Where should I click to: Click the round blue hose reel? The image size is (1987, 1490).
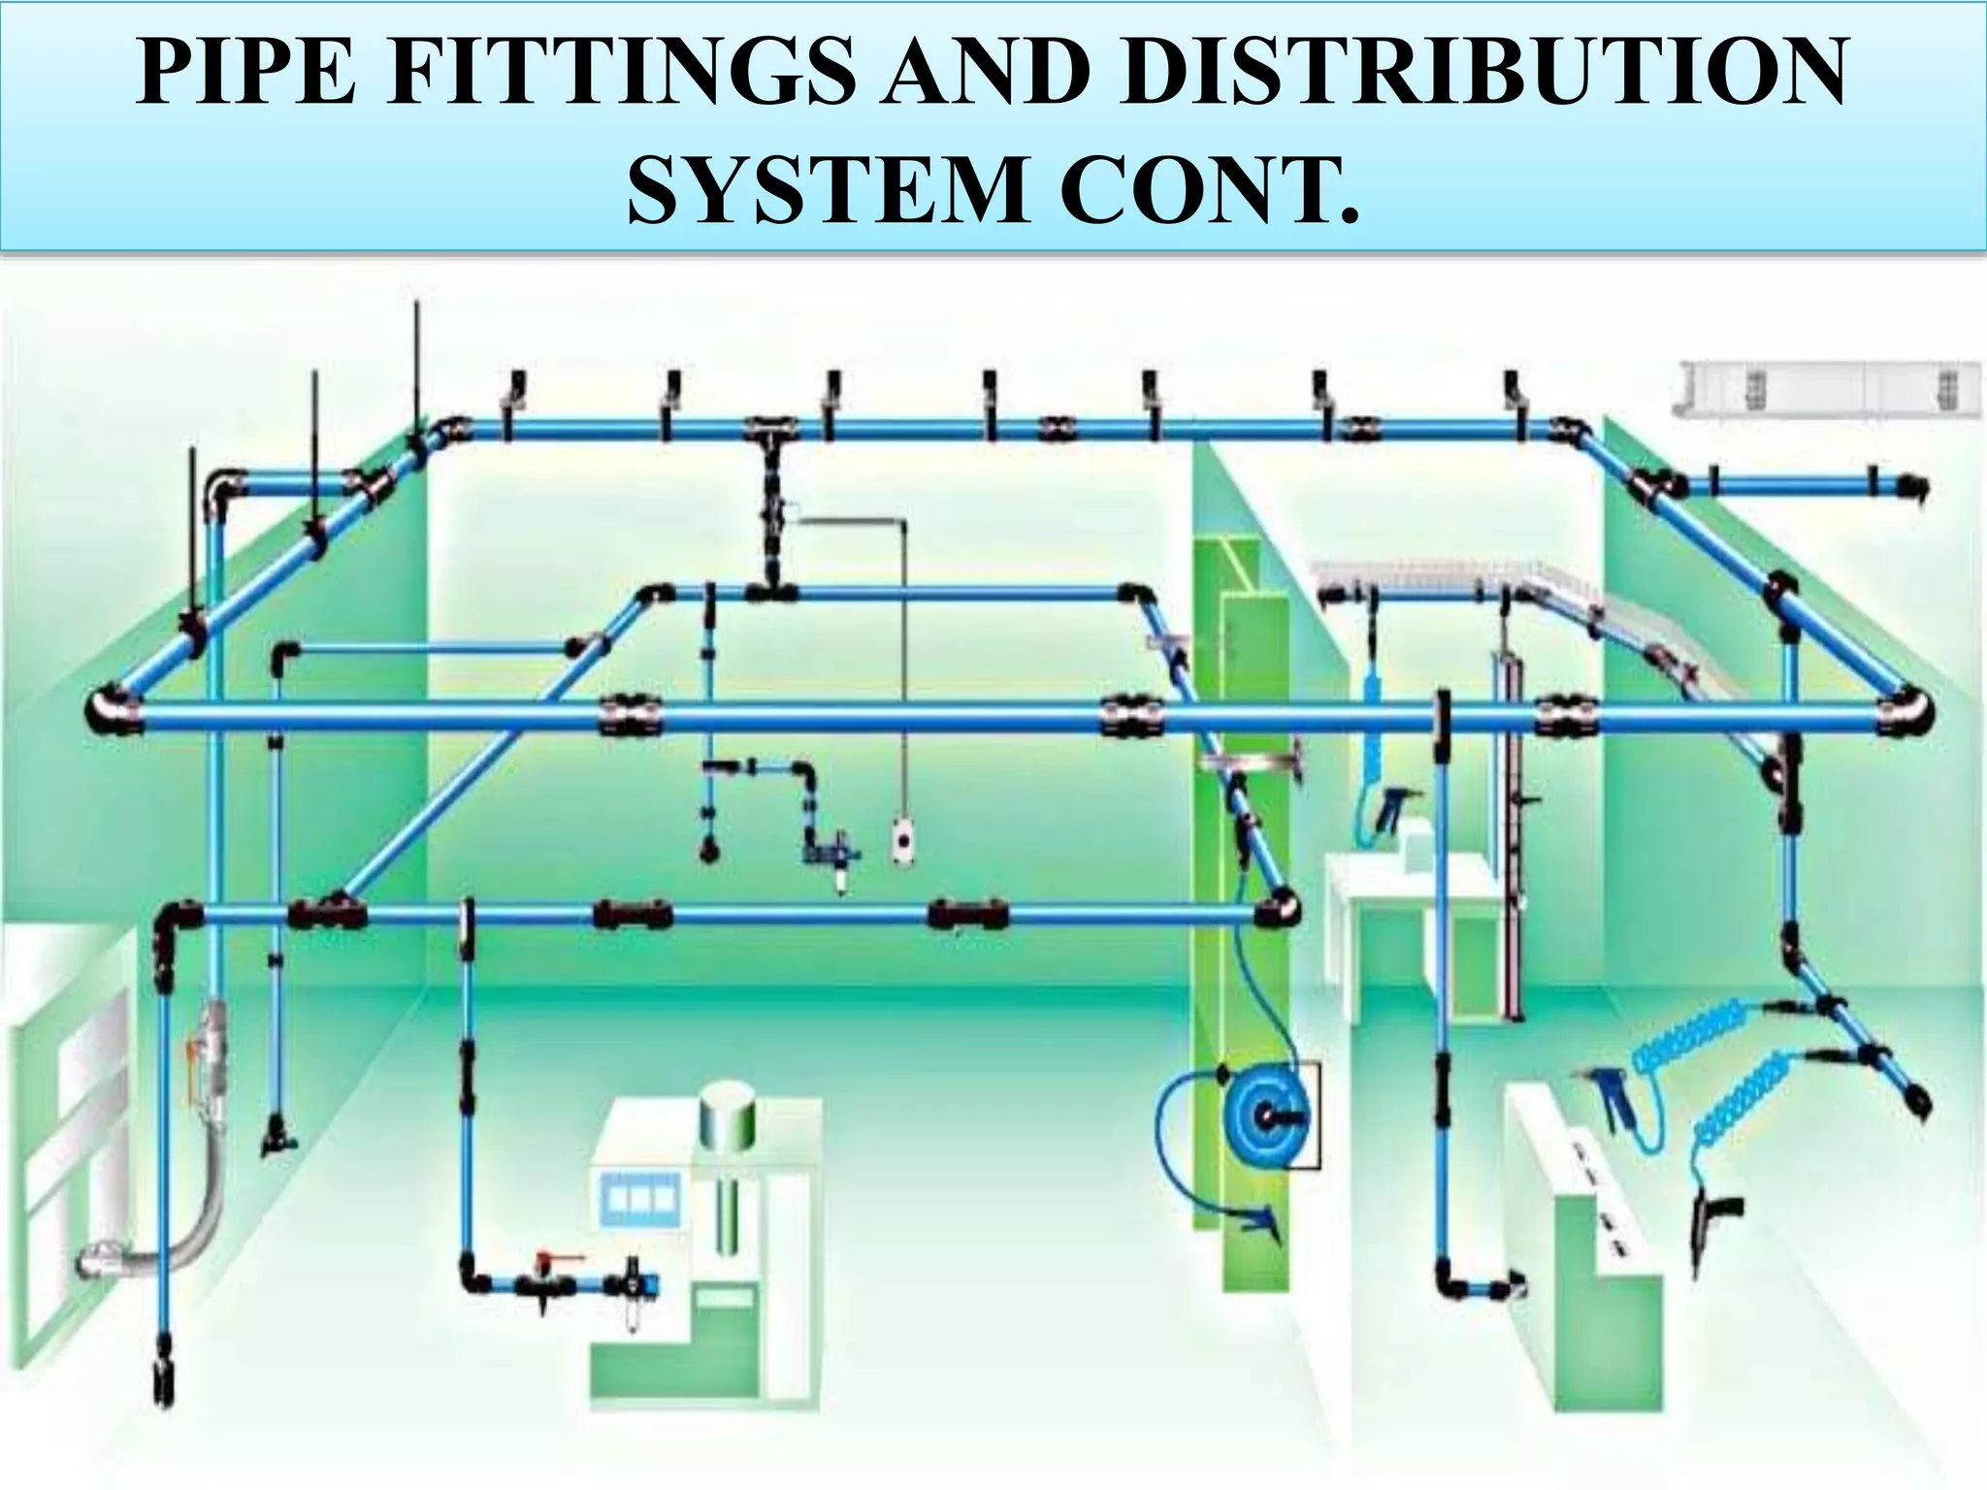click(x=1262, y=1116)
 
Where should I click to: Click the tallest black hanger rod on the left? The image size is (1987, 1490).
click(x=416, y=369)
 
